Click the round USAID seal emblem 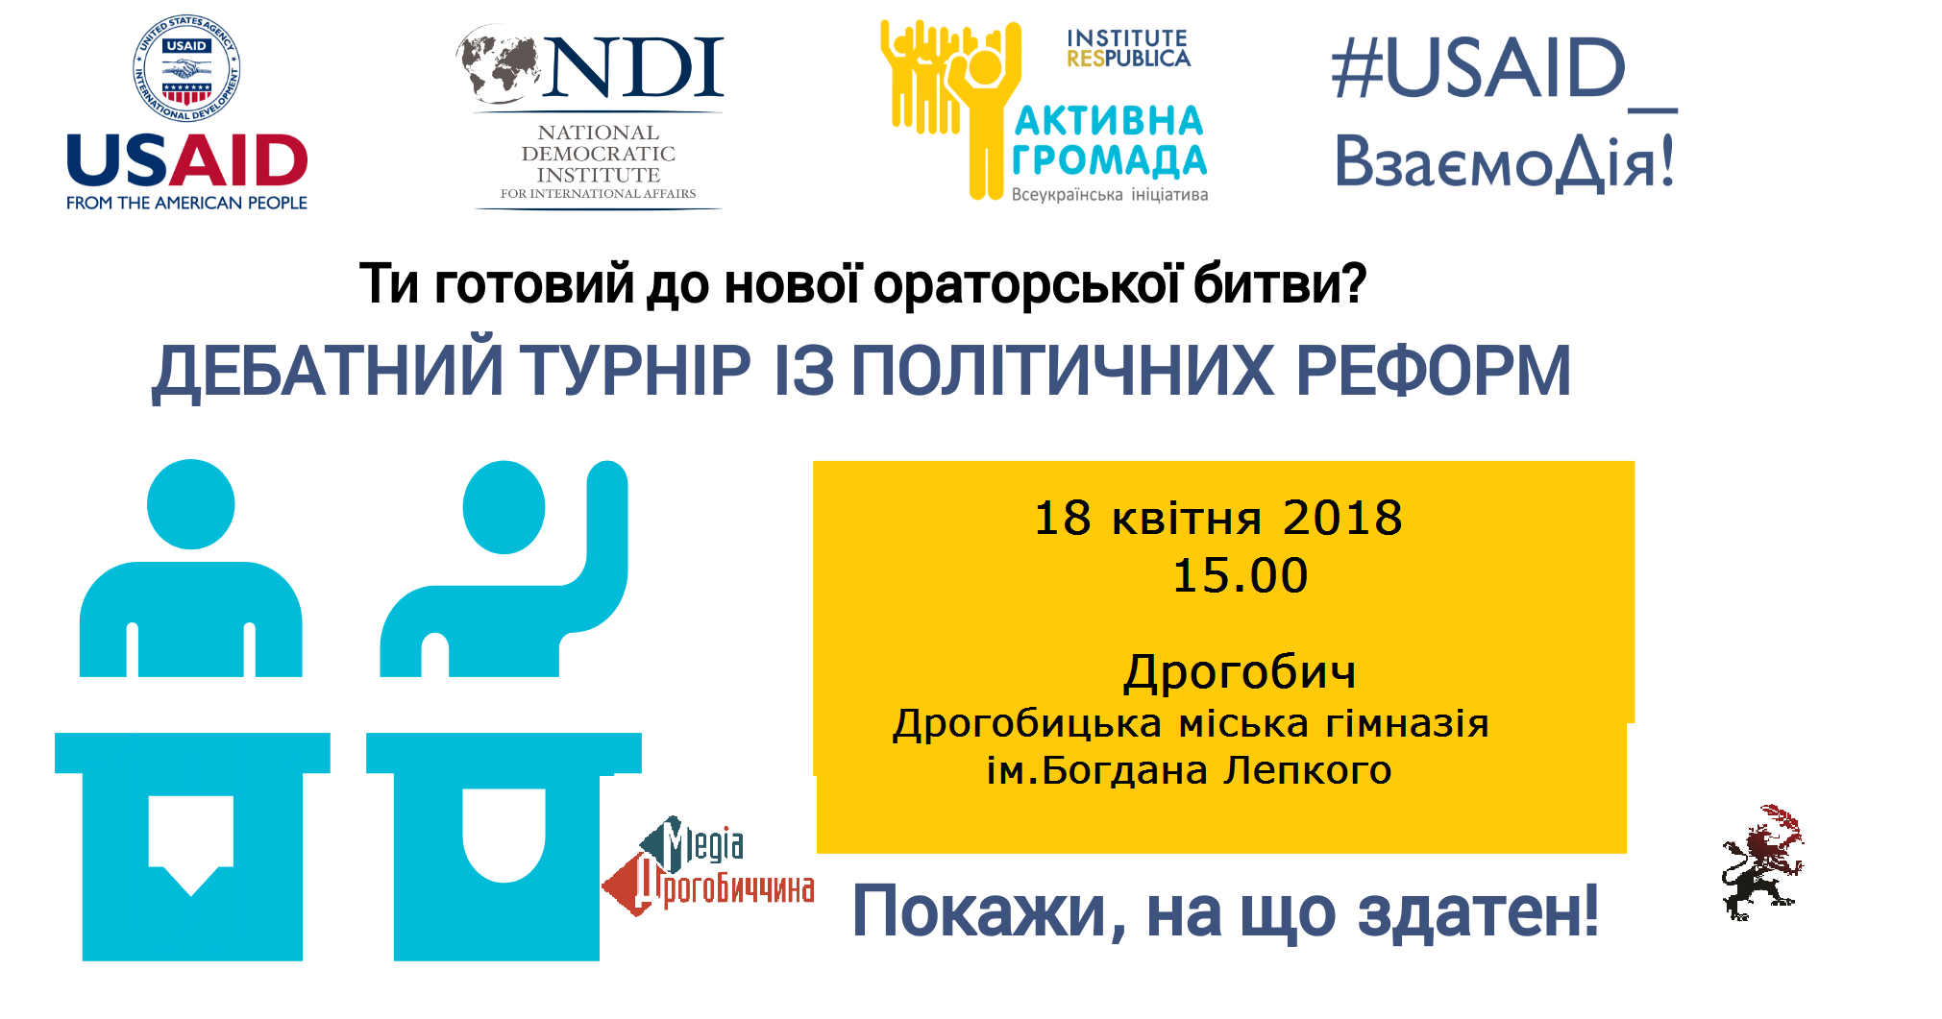[186, 69]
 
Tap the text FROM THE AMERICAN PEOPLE [186, 204]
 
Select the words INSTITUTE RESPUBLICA [1127, 49]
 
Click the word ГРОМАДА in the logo [1109, 160]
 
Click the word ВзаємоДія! [1504, 161]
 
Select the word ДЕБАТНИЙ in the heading [328, 372]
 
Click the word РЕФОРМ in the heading [1433, 372]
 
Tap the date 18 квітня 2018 [1217, 519]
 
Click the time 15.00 [1240, 575]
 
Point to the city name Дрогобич [1240, 671]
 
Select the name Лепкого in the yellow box [1307, 771]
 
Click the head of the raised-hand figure [504, 507]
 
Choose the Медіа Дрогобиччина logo [708, 867]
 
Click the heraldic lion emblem [1762, 862]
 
